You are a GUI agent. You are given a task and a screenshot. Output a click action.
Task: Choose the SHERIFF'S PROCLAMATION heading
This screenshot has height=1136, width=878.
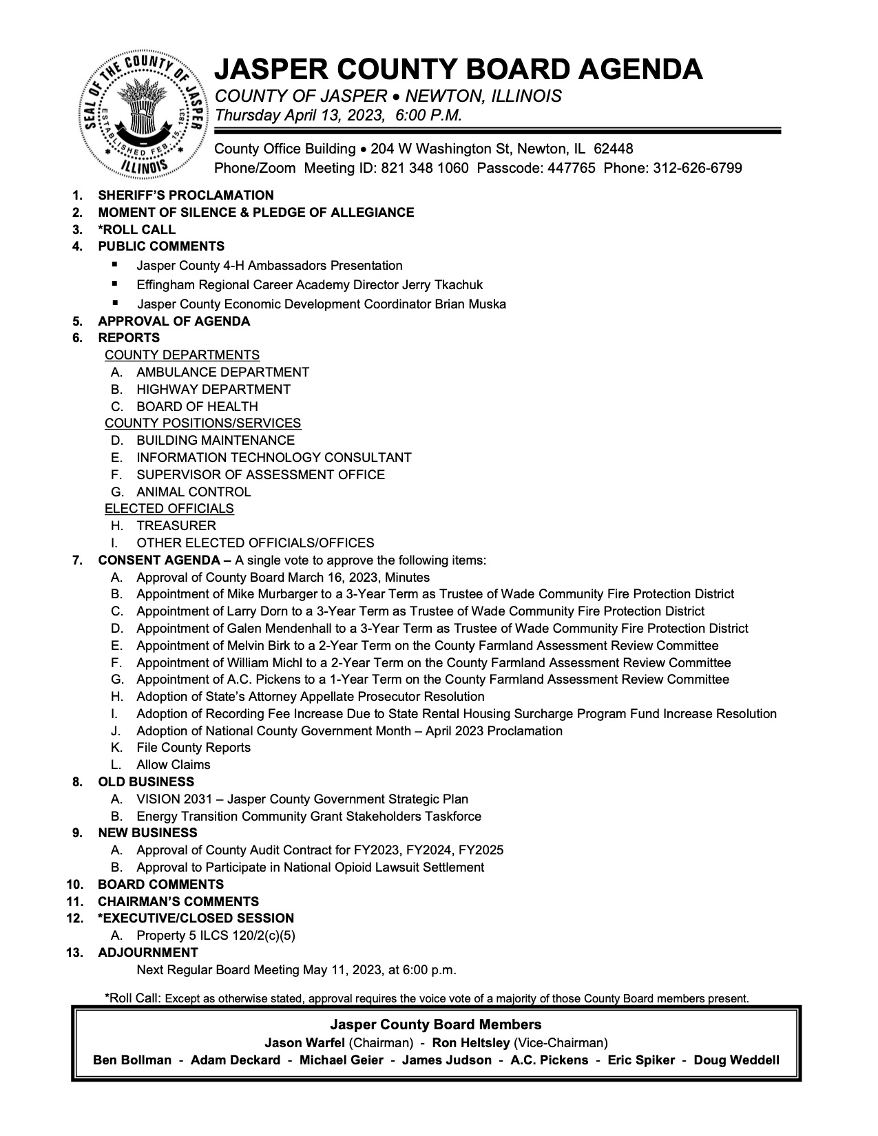pos(186,196)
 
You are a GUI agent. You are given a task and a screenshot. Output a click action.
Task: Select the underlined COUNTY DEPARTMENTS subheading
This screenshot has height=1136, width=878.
pos(182,355)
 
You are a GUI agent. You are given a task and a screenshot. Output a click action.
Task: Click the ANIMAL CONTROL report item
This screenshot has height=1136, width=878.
pos(194,492)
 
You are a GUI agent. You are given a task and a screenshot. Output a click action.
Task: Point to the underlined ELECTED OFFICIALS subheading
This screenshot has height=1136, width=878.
pos(169,509)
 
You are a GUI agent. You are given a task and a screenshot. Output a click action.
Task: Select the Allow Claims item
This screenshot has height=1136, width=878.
pos(174,765)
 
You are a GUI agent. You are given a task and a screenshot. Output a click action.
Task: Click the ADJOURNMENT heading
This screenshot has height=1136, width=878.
pos(148,953)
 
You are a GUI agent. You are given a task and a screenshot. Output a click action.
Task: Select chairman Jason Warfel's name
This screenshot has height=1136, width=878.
pos(306,1043)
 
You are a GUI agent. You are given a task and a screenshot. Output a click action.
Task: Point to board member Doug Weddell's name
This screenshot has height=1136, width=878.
pos(736,1060)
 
